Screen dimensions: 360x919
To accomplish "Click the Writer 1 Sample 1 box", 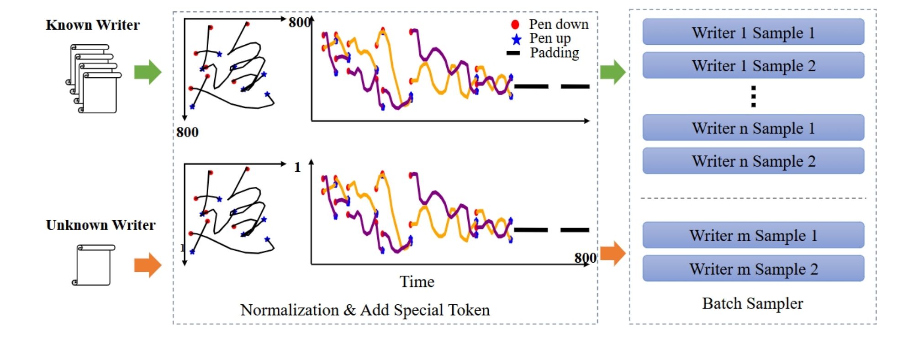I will tap(753, 32).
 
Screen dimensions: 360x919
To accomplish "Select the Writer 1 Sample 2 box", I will tap(753, 65).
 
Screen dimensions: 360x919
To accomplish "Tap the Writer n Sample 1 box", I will tap(753, 127).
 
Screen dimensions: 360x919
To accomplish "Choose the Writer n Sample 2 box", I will tap(753, 161).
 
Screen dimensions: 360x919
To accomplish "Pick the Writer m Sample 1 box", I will tap(753, 235).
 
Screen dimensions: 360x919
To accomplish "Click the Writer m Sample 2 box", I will tap(753, 269).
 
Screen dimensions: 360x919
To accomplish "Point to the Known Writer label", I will tap(93, 25).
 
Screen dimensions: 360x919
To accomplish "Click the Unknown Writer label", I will tap(100, 225).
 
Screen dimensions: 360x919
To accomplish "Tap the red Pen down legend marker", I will tap(515, 24).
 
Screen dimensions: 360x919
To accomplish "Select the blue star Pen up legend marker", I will tap(516, 39).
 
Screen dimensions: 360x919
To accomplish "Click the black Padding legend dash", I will tap(513, 53).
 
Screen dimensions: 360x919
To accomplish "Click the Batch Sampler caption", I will tap(752, 303).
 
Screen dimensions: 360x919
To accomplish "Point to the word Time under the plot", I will tap(417, 281).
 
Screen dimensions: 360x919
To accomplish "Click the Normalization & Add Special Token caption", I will tap(365, 310).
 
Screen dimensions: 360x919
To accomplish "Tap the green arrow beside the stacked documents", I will tap(148, 72).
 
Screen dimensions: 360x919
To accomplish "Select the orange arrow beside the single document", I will tap(148, 265).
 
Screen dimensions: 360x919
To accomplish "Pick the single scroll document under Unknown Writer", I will tap(94, 265).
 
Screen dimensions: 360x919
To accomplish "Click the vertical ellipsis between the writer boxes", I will tap(753, 96).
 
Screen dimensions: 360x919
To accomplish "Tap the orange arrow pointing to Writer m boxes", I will tap(613, 253).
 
